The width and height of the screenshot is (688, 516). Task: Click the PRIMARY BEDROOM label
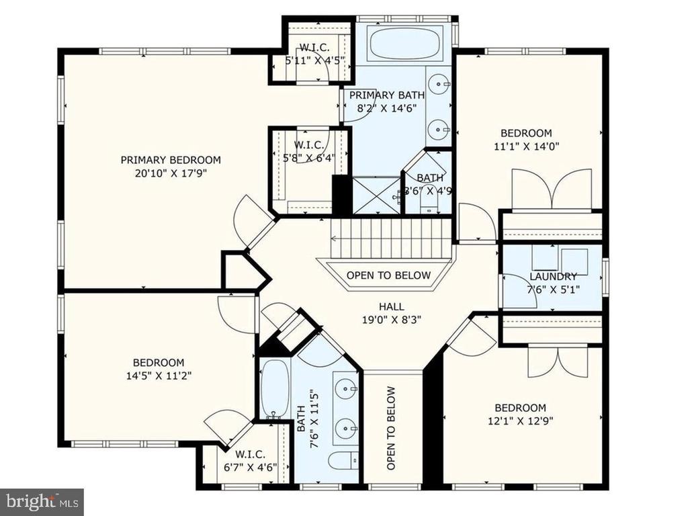point(171,160)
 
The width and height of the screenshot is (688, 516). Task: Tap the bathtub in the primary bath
point(405,43)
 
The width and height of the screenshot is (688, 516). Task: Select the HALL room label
point(392,306)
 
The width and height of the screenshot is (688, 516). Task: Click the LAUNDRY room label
point(553,276)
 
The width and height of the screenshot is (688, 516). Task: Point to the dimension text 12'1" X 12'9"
point(521,421)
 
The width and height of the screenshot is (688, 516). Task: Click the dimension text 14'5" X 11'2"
point(159,376)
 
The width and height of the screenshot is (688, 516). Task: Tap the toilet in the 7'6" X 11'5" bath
point(343,461)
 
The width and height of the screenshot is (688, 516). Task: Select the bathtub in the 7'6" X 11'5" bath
point(275,389)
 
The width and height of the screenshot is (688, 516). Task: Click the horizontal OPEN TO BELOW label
point(389,275)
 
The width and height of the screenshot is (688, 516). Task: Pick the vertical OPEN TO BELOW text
point(391,428)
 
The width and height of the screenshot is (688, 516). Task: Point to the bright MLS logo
point(42,500)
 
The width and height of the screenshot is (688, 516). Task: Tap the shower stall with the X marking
point(376,196)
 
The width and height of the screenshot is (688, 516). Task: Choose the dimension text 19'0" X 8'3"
point(392,320)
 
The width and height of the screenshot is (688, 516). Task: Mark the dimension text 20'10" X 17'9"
point(171,173)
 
